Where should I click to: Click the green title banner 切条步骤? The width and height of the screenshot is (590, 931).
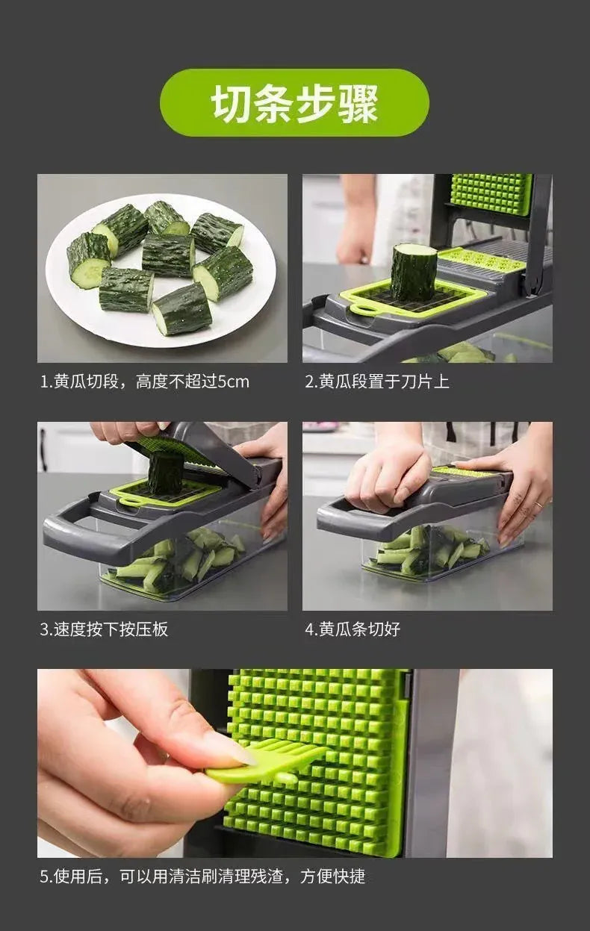click(294, 103)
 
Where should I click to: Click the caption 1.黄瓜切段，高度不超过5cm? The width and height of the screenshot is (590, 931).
click(144, 382)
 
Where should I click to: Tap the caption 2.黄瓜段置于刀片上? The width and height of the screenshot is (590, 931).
click(376, 382)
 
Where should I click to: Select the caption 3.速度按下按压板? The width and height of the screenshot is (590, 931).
click(104, 629)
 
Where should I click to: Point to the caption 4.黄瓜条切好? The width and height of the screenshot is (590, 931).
click(352, 629)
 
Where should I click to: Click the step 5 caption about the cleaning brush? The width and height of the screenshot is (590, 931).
click(202, 876)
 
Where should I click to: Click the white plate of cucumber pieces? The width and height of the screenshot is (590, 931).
click(161, 269)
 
